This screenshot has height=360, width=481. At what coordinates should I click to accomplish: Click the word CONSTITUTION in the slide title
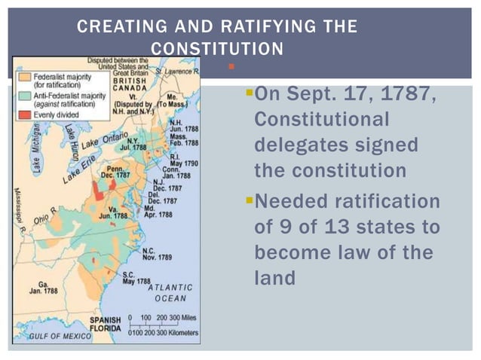(x=217, y=49)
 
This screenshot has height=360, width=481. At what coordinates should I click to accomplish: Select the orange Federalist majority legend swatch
(x=27, y=81)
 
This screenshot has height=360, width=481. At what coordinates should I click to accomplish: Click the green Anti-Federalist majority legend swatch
(x=27, y=99)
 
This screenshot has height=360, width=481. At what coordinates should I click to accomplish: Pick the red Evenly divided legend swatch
(x=27, y=114)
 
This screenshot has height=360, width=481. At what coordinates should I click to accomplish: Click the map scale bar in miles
(x=163, y=318)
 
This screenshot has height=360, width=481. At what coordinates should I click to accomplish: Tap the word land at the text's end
(x=275, y=278)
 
